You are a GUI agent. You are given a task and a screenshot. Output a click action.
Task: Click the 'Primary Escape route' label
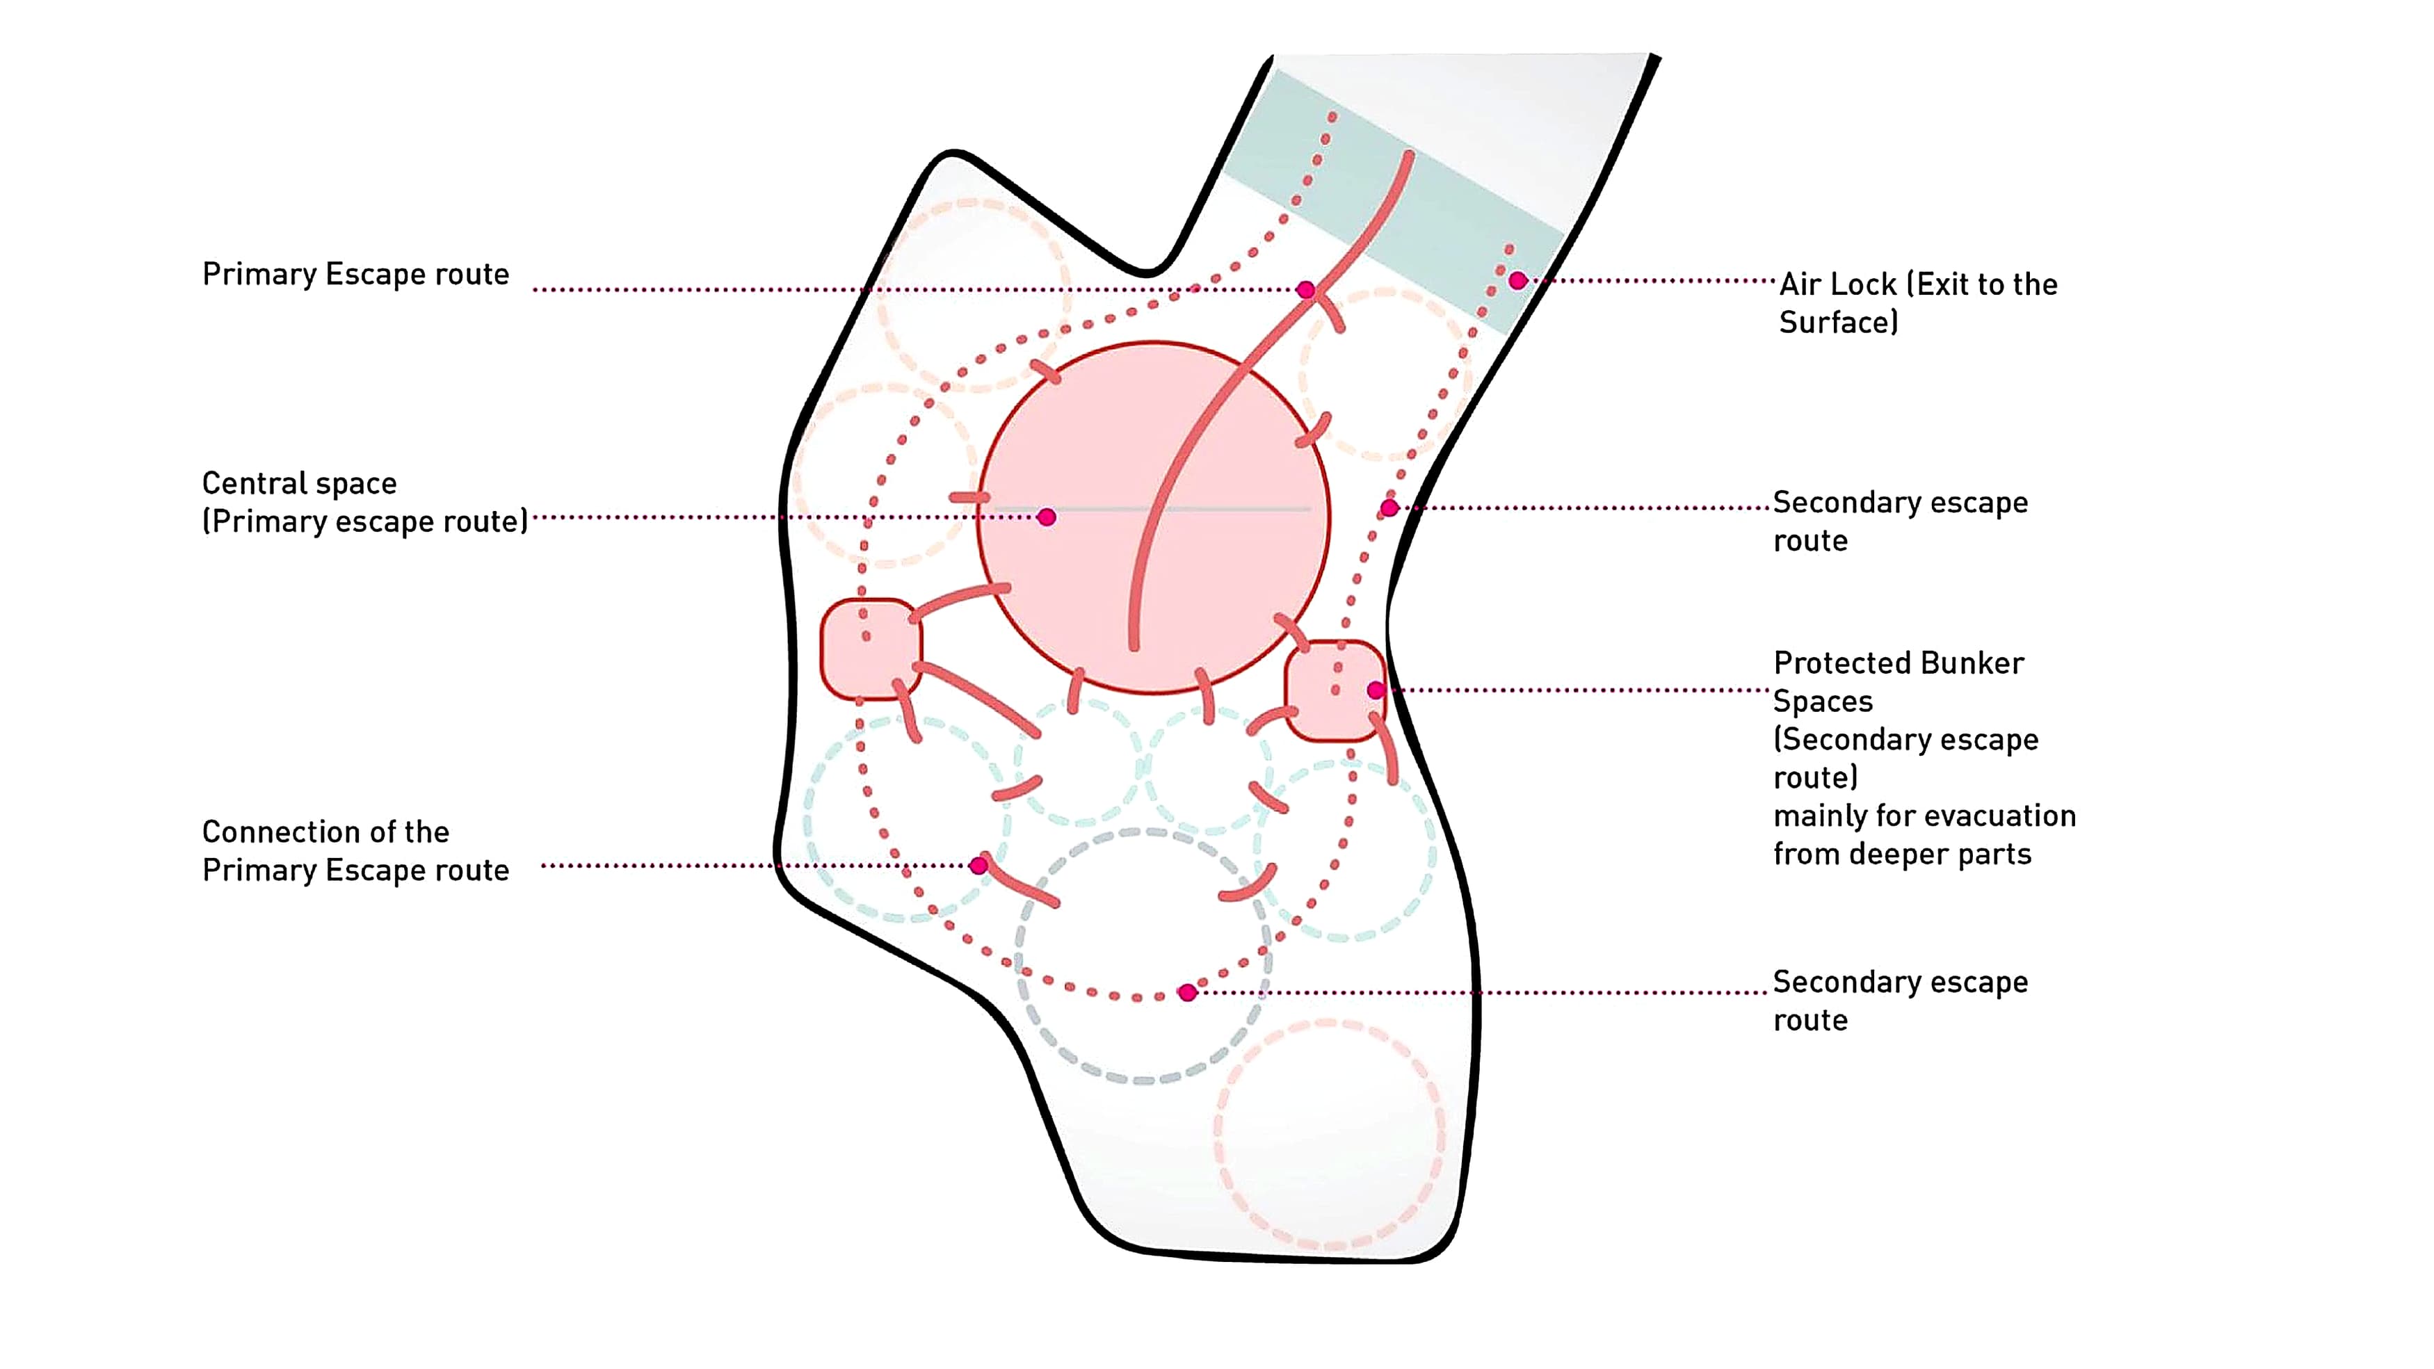355,274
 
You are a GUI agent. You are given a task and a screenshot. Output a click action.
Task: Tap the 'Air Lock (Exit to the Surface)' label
1917,302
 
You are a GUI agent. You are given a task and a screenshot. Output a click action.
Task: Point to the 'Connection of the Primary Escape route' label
355,850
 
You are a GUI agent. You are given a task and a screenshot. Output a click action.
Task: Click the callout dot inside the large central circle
1046,517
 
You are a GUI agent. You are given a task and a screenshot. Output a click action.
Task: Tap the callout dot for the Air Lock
1517,281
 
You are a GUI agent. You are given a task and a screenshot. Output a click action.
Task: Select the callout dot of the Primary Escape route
1306,290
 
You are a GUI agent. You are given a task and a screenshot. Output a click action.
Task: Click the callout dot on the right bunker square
1376,690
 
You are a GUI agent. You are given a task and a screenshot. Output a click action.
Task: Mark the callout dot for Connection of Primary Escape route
979,866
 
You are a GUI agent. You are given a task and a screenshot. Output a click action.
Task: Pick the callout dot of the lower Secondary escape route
1188,992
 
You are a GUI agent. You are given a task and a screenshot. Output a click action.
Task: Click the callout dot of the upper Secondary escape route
1389,508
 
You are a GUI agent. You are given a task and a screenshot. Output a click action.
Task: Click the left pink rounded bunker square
870,649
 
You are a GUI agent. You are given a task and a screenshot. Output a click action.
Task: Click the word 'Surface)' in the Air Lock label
1838,322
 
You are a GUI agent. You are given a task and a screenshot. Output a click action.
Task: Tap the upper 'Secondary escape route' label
1900,521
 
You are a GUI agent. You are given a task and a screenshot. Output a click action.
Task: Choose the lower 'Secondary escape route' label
1900,1001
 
